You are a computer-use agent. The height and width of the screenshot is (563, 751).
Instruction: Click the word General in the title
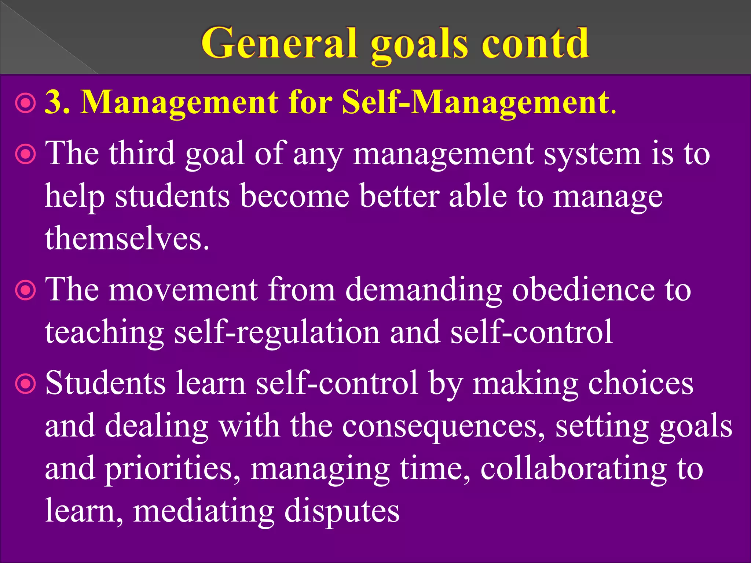pyautogui.click(x=279, y=43)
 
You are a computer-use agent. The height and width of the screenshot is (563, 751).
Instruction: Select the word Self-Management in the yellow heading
pyautogui.click(x=475, y=103)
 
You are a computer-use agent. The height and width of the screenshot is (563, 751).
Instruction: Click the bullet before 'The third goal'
pyautogui.click(x=26, y=155)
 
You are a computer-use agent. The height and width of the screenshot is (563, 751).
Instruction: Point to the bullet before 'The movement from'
pyautogui.click(x=26, y=291)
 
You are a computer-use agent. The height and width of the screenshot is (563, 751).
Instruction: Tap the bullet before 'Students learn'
pyautogui.click(x=26, y=384)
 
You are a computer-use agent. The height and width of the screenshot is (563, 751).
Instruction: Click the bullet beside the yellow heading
pyautogui.click(x=26, y=104)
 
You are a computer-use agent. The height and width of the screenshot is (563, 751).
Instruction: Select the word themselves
pyautogui.click(x=127, y=238)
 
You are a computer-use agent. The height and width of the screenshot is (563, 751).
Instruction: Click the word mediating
pyautogui.click(x=204, y=511)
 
